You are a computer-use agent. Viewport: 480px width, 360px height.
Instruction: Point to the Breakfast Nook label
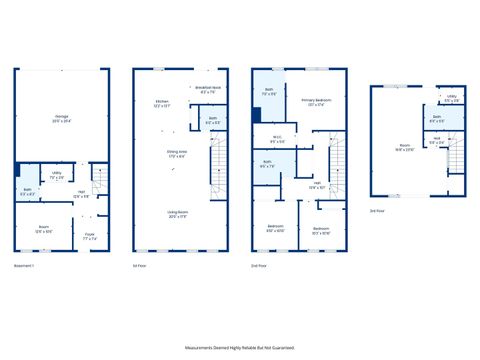point(208,90)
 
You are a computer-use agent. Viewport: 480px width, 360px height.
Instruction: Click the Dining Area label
point(178,154)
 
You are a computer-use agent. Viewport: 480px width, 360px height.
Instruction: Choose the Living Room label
point(178,213)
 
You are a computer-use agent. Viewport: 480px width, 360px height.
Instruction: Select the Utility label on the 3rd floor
point(452,99)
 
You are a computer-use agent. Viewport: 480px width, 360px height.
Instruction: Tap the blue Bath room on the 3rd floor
point(438,118)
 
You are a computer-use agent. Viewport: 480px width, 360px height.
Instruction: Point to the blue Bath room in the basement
point(27,192)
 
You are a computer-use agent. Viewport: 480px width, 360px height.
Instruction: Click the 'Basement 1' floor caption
point(24,265)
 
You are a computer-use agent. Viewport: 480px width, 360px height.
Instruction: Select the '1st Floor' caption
point(139,265)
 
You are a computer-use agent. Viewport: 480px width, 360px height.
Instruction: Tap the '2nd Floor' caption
point(258,265)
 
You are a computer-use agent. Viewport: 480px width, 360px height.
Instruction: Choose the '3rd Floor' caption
point(376,211)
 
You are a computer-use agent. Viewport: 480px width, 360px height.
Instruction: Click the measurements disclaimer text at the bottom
point(239,347)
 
